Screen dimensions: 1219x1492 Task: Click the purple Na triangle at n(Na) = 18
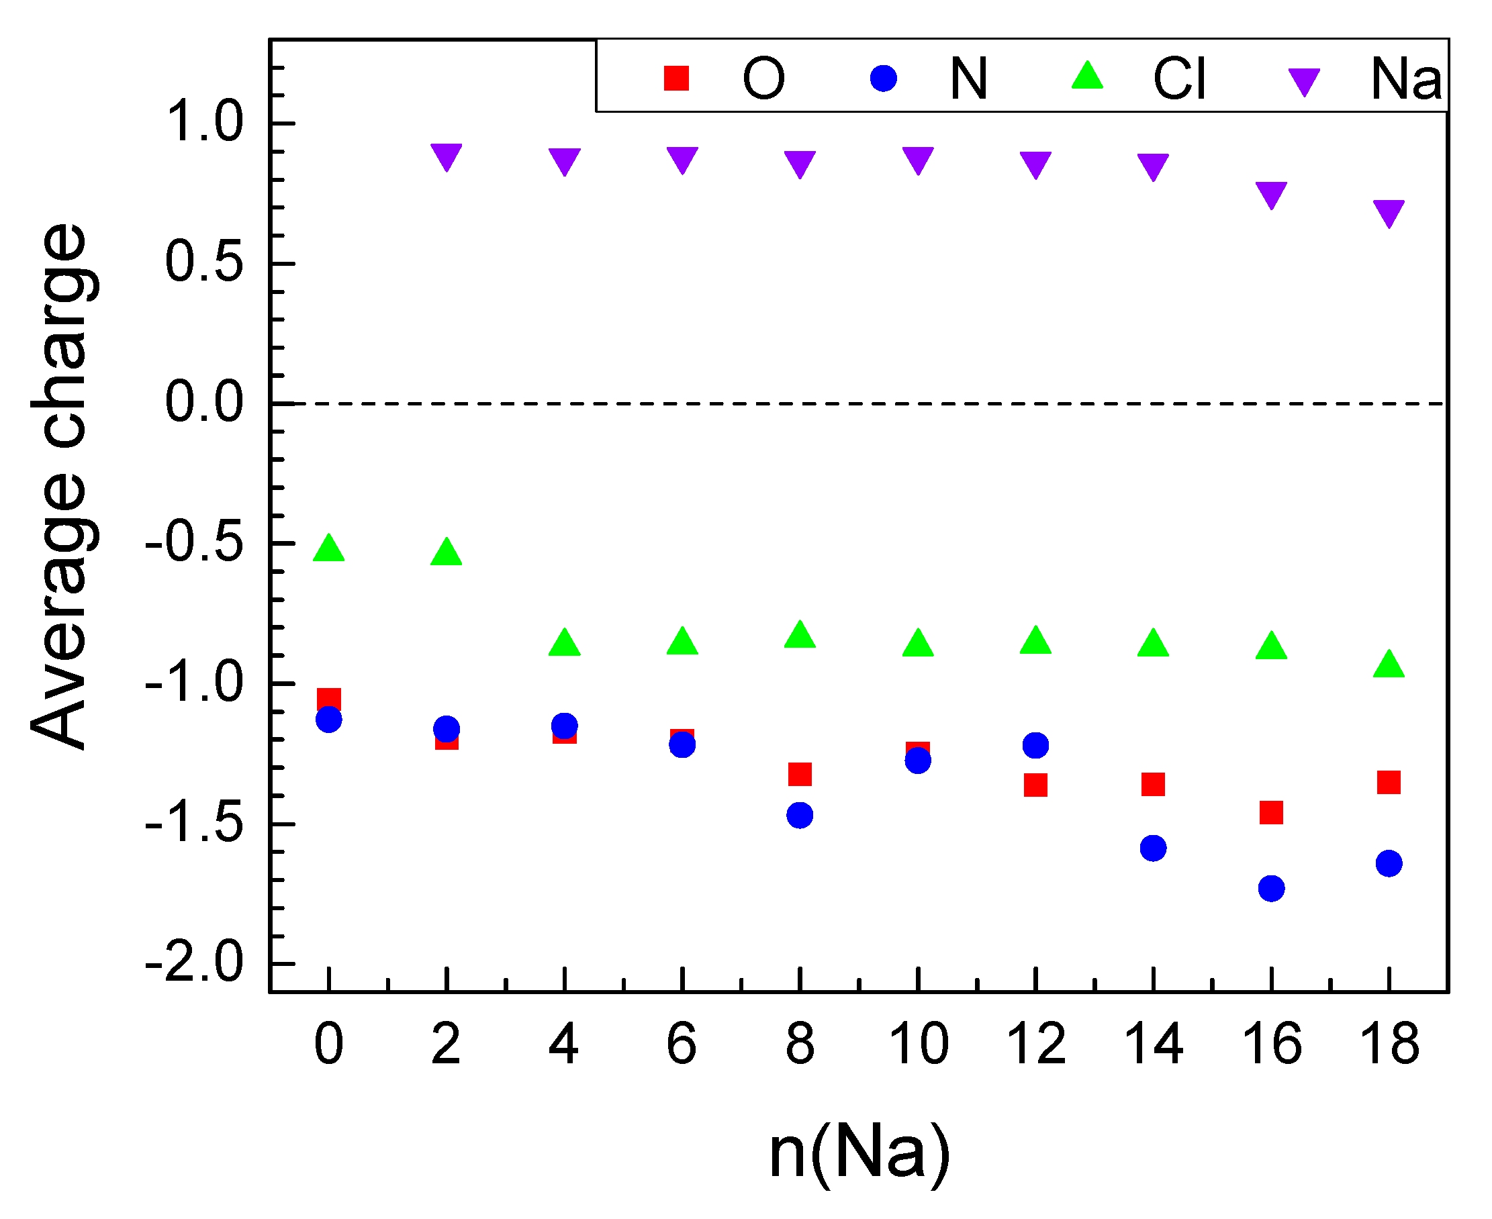(1389, 213)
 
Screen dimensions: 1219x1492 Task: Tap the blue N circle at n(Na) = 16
(1272, 888)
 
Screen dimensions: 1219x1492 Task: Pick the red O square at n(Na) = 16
(1272, 812)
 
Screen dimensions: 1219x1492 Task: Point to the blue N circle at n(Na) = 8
(800, 816)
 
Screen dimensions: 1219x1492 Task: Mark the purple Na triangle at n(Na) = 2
(447, 156)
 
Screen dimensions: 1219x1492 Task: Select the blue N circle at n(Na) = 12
(1035, 745)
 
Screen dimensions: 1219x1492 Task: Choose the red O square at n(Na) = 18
(1389, 782)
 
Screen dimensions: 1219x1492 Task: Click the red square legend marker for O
(676, 78)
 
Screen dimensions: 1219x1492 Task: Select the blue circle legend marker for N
(884, 78)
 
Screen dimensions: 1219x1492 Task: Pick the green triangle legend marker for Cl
(1087, 76)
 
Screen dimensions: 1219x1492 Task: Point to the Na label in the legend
(1405, 79)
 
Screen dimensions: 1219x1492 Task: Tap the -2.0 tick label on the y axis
(195, 963)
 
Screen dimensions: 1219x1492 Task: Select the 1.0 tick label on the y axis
(203, 122)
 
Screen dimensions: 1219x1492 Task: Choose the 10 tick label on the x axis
(918, 1045)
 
